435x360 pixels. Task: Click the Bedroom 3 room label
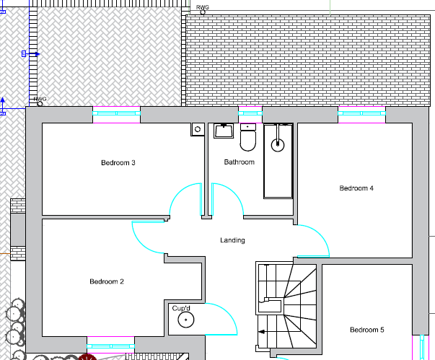click(x=118, y=163)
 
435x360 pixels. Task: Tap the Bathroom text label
click(x=239, y=162)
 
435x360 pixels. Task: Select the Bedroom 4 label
click(x=356, y=188)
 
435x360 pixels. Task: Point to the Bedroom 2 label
click(x=107, y=281)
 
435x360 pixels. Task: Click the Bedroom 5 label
click(x=367, y=330)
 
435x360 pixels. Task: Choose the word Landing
click(x=232, y=240)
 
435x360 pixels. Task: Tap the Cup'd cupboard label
click(x=180, y=308)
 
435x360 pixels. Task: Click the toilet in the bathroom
click(x=248, y=137)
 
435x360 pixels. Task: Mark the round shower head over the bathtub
click(x=278, y=144)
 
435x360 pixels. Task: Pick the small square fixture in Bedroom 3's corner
click(x=197, y=130)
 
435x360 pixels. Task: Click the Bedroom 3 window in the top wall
click(x=116, y=113)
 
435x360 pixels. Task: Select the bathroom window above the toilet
click(x=250, y=113)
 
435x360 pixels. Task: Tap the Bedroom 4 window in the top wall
click(x=361, y=113)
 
